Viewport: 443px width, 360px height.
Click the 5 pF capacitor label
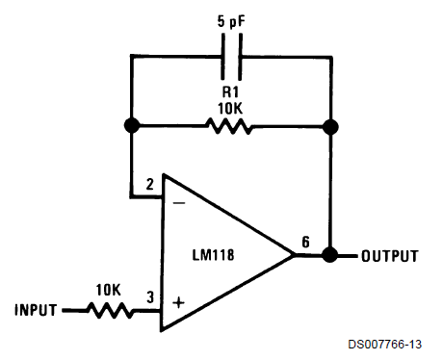(x=231, y=22)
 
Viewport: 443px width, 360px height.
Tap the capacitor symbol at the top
(x=231, y=57)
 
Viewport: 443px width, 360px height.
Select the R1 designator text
(x=230, y=91)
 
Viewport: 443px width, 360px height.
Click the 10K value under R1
(x=230, y=109)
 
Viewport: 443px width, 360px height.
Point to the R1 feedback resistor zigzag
(x=229, y=126)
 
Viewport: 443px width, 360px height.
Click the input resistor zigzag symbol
(x=110, y=310)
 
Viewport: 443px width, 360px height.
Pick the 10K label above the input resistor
(x=108, y=290)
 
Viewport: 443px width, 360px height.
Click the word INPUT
(x=36, y=310)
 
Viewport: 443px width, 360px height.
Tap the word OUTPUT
(x=390, y=256)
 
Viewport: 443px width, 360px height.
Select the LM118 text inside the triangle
(x=213, y=255)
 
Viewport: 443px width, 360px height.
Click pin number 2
(x=149, y=184)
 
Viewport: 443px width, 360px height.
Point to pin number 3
(x=150, y=297)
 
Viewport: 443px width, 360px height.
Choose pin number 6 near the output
(x=306, y=242)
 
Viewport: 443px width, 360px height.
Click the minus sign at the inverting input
(x=179, y=203)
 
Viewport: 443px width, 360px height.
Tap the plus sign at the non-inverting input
(x=178, y=302)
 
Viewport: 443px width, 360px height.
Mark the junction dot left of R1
(x=132, y=125)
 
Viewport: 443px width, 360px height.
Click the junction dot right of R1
(x=330, y=127)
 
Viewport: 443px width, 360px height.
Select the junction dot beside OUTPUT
(x=329, y=255)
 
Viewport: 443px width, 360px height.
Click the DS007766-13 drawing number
(x=385, y=345)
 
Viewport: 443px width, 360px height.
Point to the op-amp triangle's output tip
(x=295, y=255)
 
